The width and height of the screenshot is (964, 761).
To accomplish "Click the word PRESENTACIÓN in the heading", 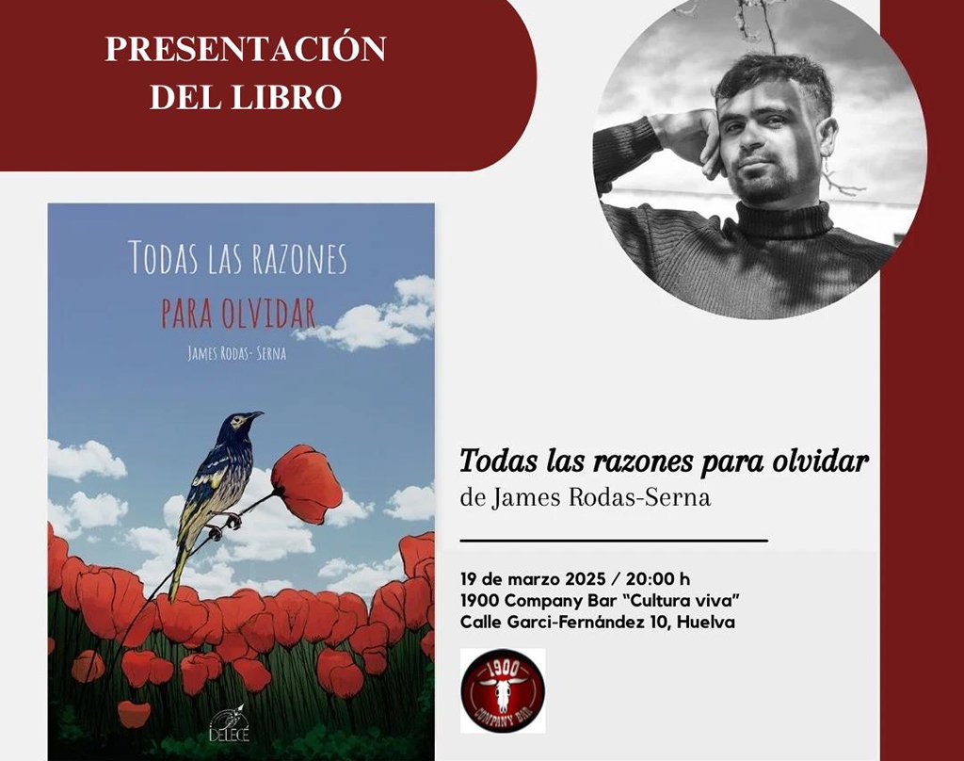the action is tap(246, 48).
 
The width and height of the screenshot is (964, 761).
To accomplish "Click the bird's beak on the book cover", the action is tap(256, 415).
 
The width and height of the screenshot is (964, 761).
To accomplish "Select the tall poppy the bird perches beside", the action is tap(307, 484).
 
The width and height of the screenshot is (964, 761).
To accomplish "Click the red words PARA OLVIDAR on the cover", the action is tap(238, 313).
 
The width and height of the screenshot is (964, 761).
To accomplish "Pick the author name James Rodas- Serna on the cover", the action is tap(236, 354).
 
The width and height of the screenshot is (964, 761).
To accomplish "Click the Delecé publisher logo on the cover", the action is tap(230, 724).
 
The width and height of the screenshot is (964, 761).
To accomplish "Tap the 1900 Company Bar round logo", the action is tap(503, 690).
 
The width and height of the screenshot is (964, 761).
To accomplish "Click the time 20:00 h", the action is tap(658, 579).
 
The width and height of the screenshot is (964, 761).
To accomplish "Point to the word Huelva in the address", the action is tap(706, 622).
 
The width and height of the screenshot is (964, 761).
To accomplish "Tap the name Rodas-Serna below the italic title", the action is tap(639, 497).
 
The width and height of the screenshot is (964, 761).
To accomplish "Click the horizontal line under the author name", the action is tap(614, 541).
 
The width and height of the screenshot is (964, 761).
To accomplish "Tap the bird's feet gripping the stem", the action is tap(224, 525).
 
